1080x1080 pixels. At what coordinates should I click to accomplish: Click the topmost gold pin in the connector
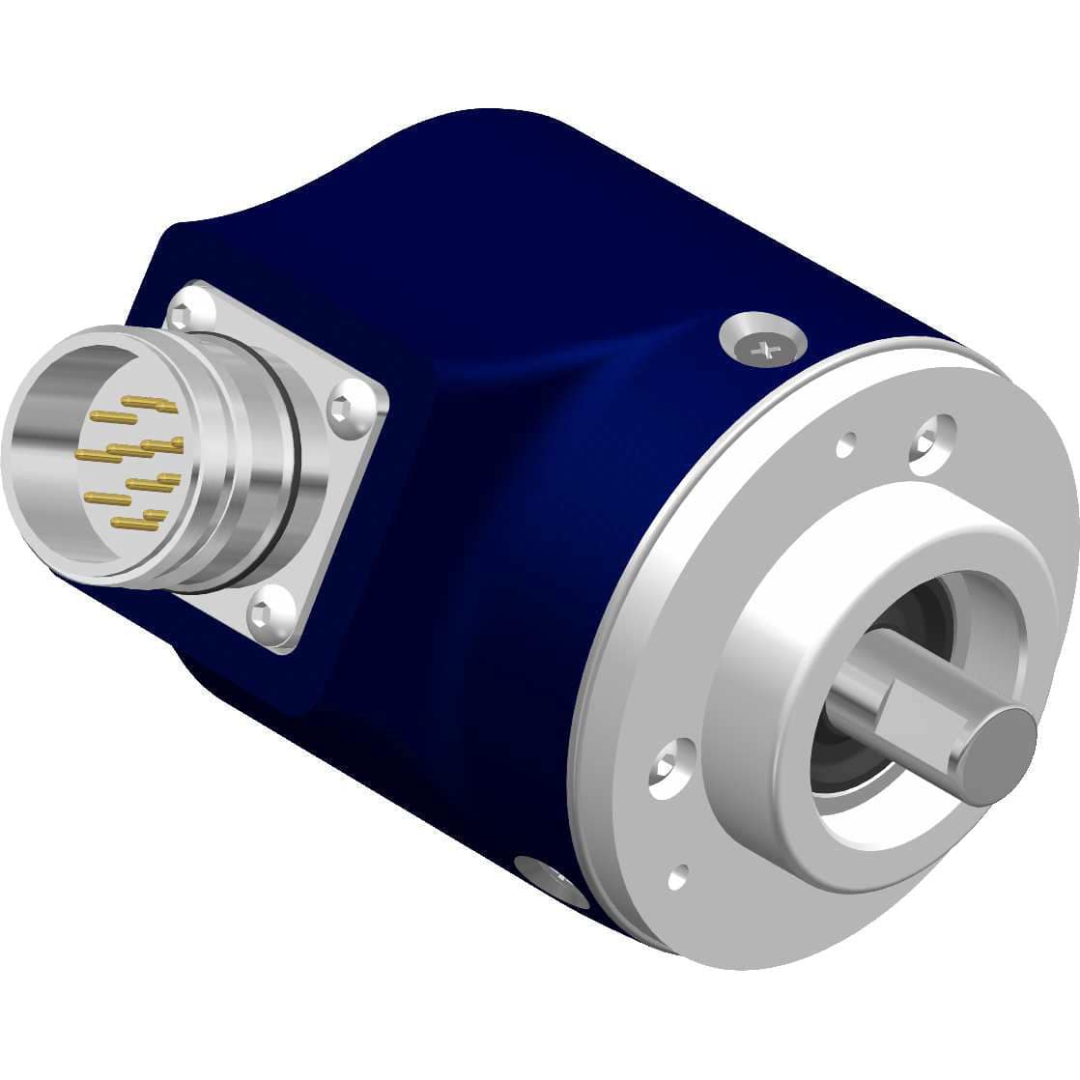coord(150,400)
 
